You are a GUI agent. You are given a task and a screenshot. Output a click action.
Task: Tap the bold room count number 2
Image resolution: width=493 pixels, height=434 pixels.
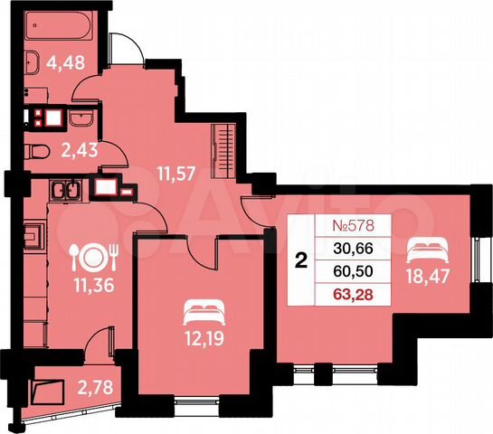[x=300, y=260]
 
